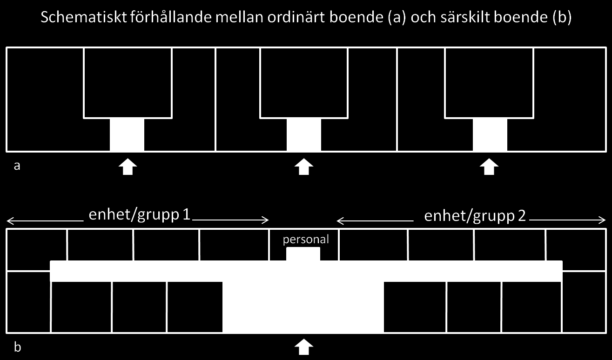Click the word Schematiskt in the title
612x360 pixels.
click(84, 18)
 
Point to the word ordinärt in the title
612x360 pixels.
click(296, 17)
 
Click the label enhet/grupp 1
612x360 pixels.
click(139, 215)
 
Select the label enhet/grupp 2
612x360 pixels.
click(475, 216)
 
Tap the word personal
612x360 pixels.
click(306, 240)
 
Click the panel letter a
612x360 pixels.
click(17, 166)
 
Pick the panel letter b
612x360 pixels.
click(18, 347)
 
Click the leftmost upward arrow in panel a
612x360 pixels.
click(128, 167)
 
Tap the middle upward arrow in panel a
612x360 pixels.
click(304, 167)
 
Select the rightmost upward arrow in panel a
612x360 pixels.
click(489, 167)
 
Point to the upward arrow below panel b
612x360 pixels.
click(304, 347)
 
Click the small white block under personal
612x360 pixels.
click(303, 254)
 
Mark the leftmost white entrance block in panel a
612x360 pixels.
click(127, 135)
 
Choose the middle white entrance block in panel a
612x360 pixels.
click(304, 135)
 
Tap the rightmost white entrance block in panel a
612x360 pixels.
click(490, 135)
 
